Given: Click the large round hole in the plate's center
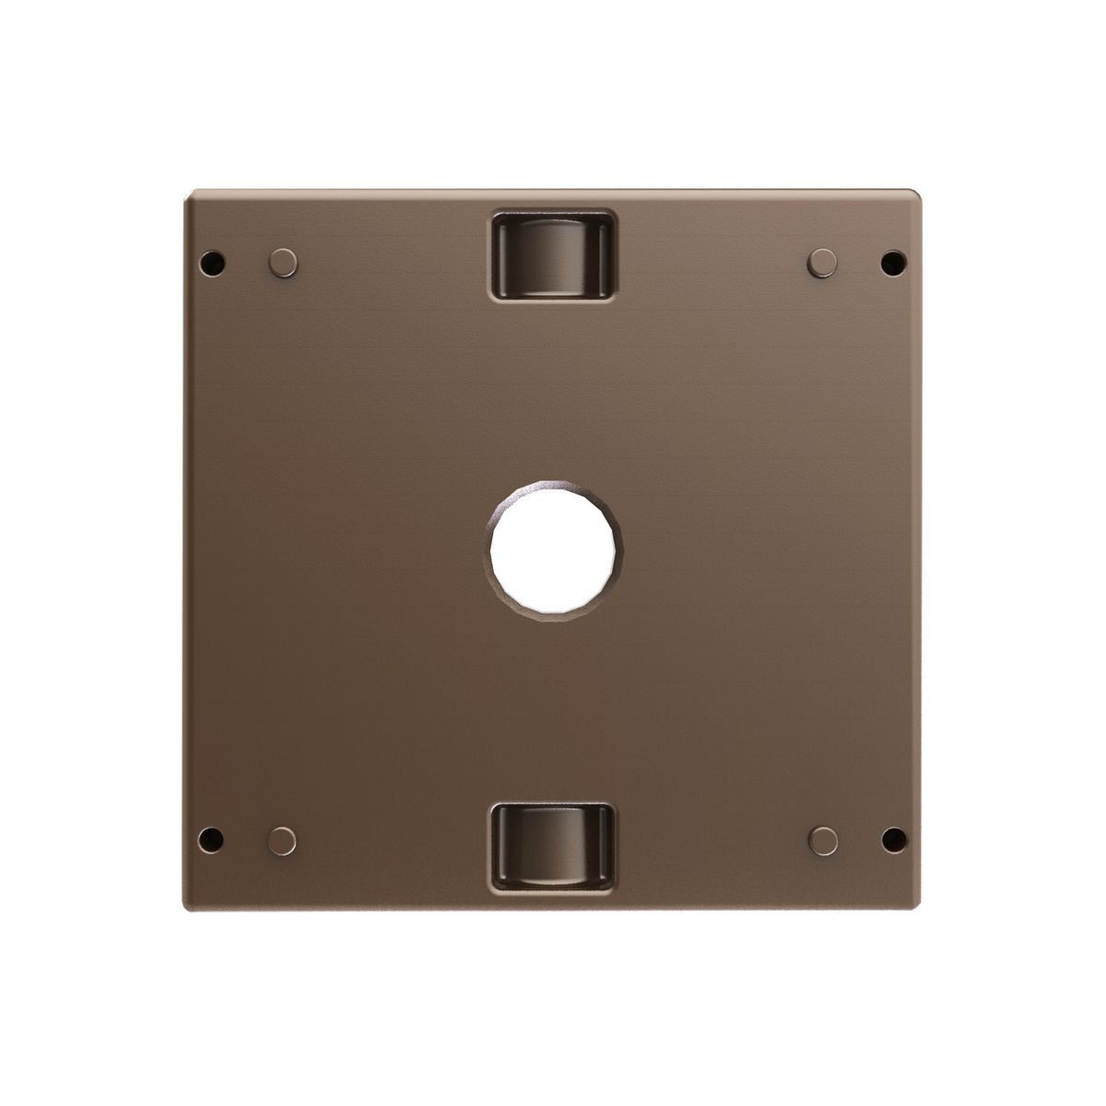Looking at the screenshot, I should pos(553,553).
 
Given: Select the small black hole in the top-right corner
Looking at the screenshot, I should pos(892,262).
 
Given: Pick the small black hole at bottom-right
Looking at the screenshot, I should pos(892,840).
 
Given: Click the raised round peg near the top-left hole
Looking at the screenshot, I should pos(283,262).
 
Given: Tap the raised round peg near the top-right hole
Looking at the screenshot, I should pos(822,262).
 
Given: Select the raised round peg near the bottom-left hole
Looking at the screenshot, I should pos(283,840).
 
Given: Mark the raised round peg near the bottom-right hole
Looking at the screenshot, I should pos(822,840).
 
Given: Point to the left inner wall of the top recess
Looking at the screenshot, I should pos(501,255).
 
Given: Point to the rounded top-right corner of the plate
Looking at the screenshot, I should pos(918,194).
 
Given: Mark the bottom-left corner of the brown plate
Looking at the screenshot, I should pos(186,908).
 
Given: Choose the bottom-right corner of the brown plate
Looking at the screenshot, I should pos(919,908).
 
